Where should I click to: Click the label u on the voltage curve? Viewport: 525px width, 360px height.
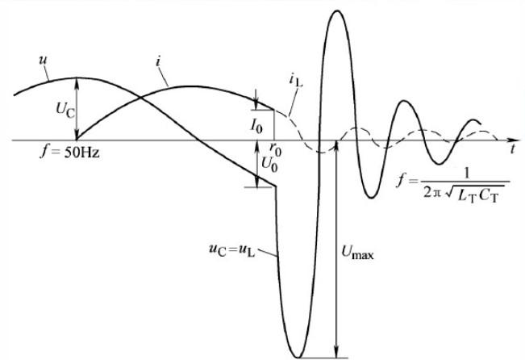point(41,60)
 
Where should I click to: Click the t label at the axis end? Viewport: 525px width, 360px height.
point(512,150)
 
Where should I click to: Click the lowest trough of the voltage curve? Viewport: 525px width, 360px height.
point(300,356)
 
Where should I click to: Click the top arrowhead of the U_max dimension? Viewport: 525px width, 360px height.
point(335,144)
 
